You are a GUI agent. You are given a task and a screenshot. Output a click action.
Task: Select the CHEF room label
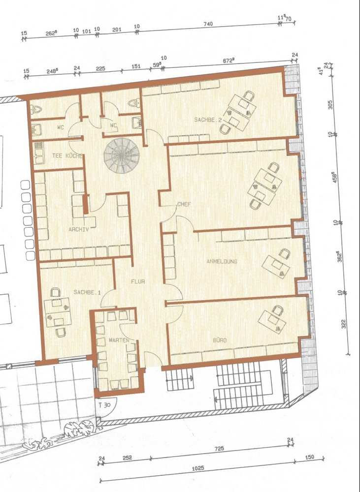click(x=184, y=203)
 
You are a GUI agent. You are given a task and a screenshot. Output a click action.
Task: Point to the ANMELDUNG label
click(x=222, y=261)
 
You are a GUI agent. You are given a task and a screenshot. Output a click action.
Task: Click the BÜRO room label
click(x=220, y=340)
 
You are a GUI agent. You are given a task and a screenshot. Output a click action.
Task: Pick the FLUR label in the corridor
click(x=137, y=281)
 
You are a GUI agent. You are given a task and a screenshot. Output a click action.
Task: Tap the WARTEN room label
click(x=119, y=340)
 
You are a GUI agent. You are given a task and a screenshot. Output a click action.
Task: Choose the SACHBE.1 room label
click(x=87, y=292)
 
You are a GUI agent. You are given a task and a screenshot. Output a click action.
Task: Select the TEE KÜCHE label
click(x=67, y=156)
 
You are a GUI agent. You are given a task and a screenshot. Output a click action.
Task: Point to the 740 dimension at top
click(x=207, y=24)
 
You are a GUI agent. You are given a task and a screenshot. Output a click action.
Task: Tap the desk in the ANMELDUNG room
click(x=276, y=266)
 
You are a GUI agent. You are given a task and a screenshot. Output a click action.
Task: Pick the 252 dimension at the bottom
click(x=127, y=458)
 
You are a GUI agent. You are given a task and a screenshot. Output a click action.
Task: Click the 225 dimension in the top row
click(x=100, y=69)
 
